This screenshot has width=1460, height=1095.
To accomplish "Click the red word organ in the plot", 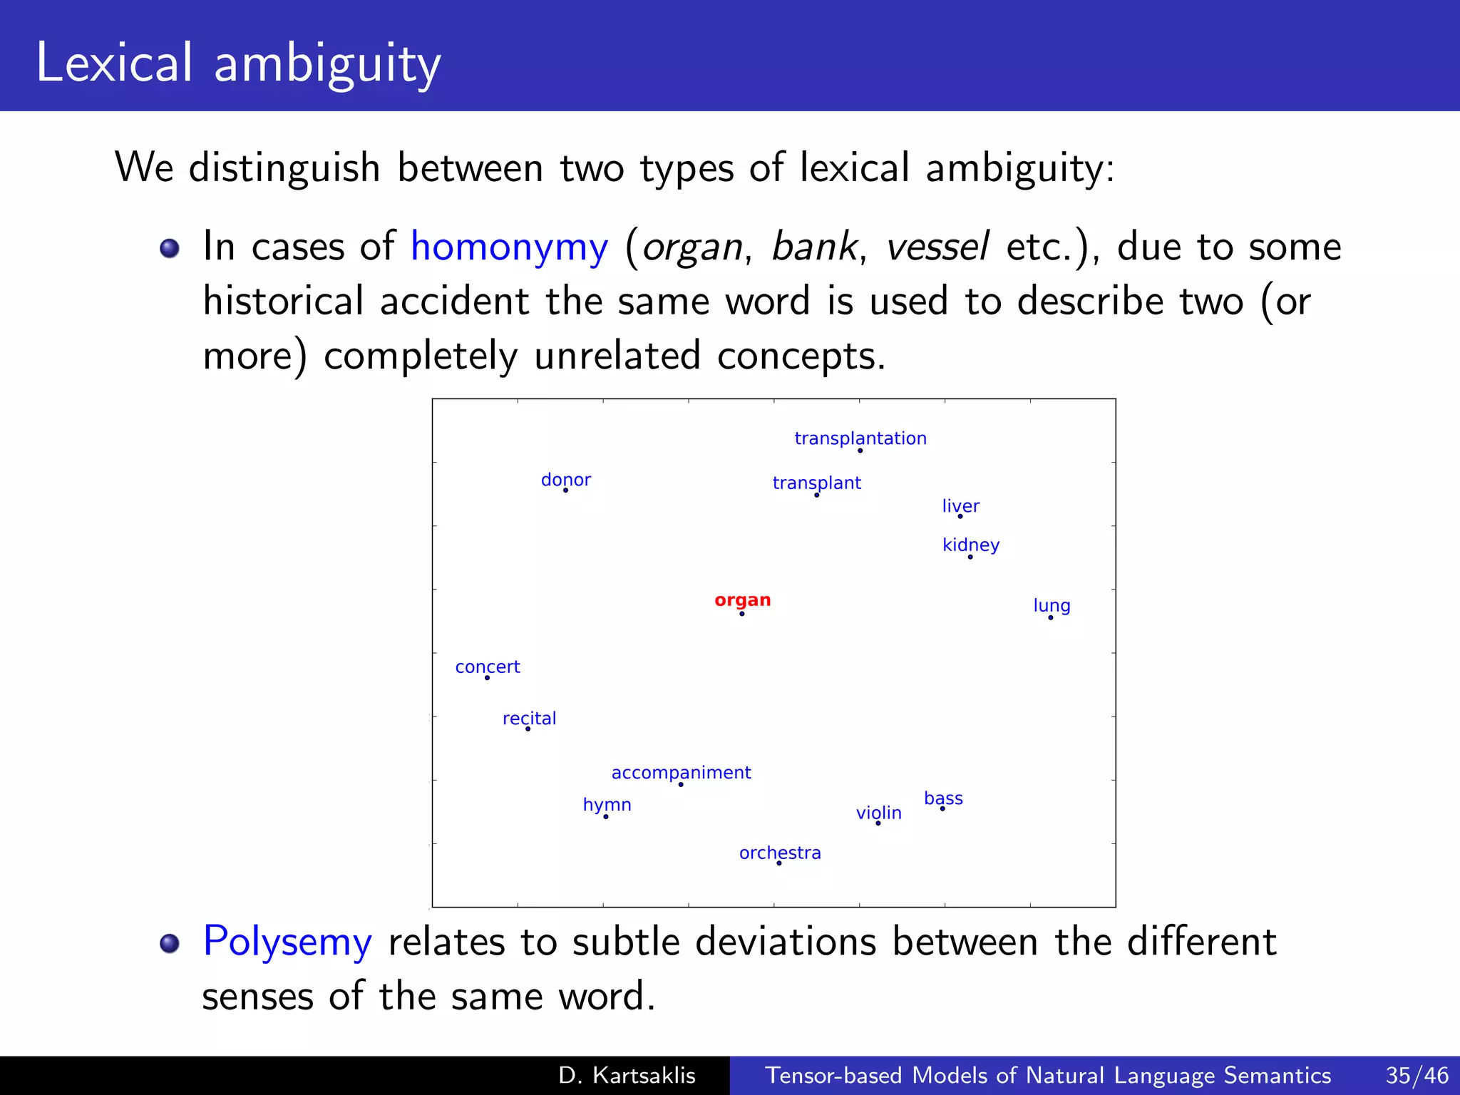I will pos(742,600).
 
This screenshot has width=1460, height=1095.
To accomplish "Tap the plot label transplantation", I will pos(860,438).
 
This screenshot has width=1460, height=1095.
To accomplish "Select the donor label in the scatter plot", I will pos(565,480).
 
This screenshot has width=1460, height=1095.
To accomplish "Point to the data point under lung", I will pos(1050,617).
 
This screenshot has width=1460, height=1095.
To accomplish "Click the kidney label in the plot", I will pos(970,545).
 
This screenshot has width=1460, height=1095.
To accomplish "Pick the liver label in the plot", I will pos(960,506).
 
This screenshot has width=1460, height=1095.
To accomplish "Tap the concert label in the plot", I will pos(488,667).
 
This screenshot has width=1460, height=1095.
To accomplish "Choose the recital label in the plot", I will pos(529,718).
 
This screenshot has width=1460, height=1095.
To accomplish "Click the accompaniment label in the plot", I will pos(681,772).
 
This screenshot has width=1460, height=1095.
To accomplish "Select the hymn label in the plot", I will pos(607,805).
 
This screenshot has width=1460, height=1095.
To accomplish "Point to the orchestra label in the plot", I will pos(780,853).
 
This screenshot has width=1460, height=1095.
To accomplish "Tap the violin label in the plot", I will pos(878,813).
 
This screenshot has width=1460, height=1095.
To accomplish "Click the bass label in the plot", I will pos(943,798).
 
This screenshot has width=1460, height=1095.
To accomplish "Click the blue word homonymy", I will pos(509,247).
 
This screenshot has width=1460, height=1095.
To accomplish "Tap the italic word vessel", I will pos(937,247).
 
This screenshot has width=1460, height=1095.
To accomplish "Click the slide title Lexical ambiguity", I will pos(238,63).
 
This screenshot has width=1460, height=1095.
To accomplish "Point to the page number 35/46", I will pos(1417,1075).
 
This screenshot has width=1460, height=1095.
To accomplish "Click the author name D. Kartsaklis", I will pos(627,1075).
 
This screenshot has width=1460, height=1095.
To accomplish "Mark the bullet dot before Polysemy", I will pos(170,943).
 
